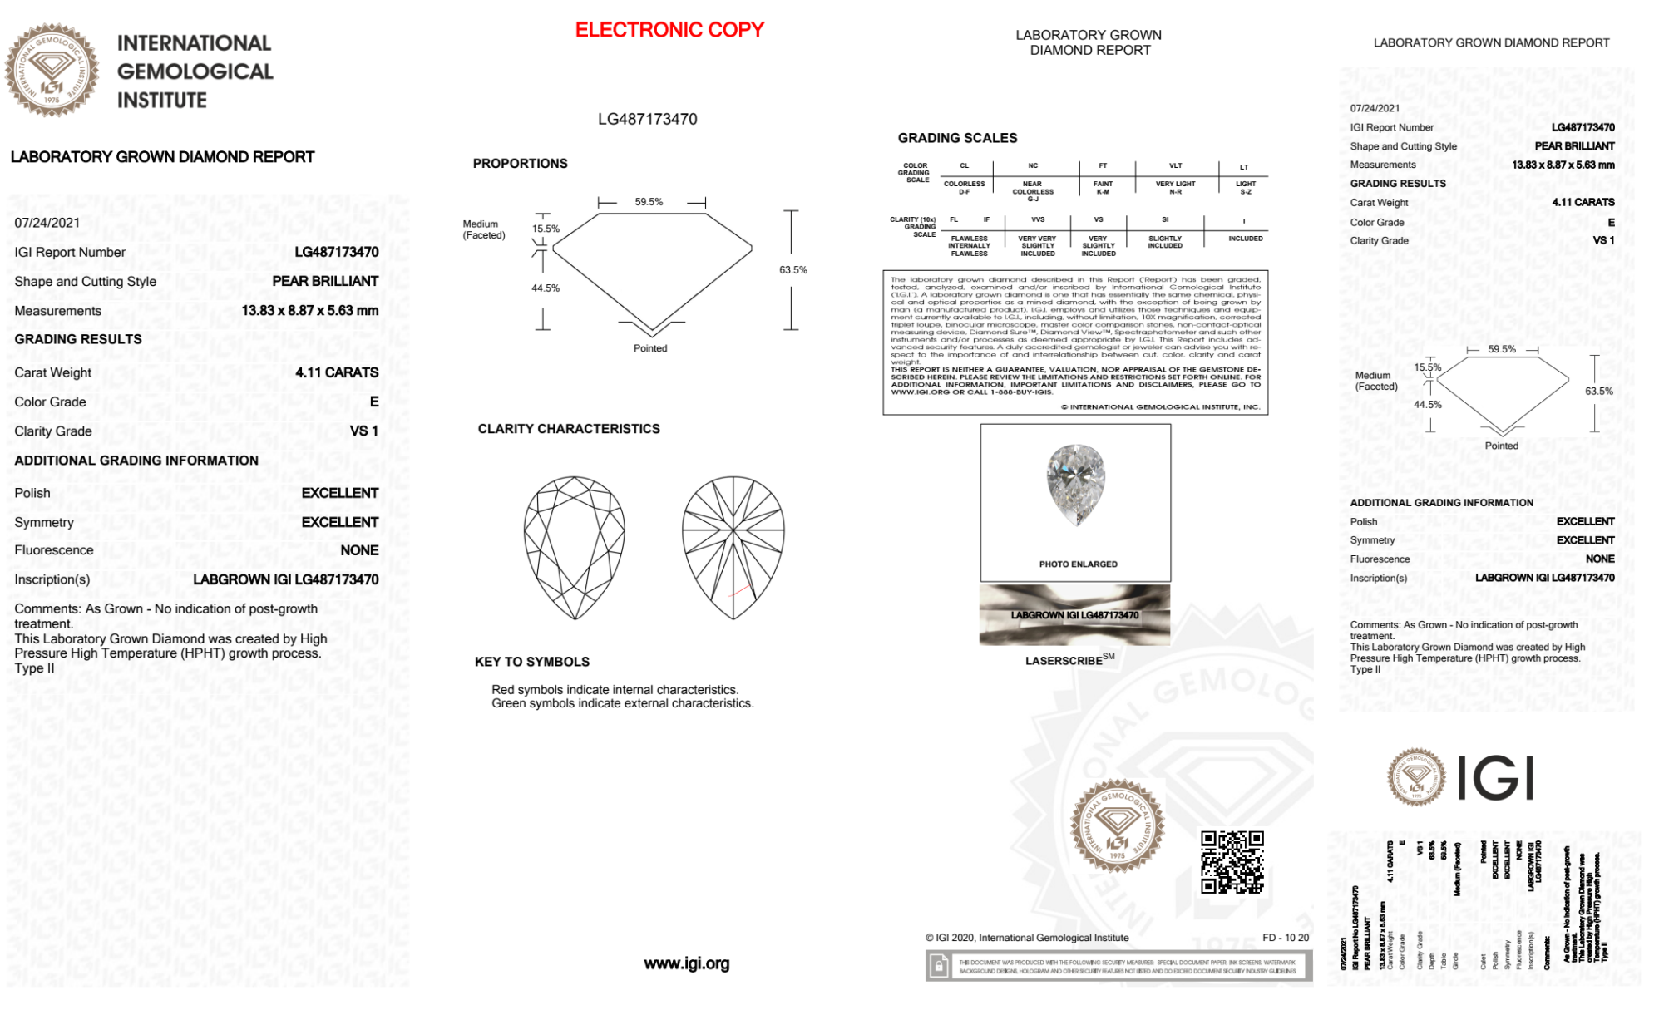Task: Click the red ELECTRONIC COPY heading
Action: (669, 30)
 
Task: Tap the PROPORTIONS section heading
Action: (520, 164)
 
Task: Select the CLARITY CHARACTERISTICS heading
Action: (569, 429)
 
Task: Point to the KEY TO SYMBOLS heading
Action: (532, 662)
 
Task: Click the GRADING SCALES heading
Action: (957, 138)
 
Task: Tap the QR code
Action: (1232, 862)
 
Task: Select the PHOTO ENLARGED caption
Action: (1078, 564)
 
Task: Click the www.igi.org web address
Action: (686, 964)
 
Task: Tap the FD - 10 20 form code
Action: (1285, 938)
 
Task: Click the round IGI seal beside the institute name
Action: (52, 71)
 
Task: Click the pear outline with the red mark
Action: (733, 548)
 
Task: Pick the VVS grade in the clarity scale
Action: (1038, 220)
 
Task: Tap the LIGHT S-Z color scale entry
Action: (1245, 188)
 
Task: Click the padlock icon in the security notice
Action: (939, 967)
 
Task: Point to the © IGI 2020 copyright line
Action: (1027, 938)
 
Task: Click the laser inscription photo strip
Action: (1074, 615)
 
